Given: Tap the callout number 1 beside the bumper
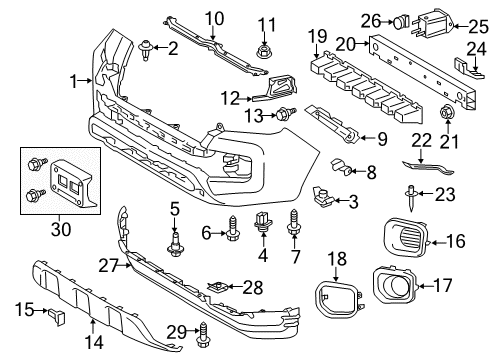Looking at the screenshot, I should click(x=74, y=79).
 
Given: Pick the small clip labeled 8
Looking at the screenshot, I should click(x=342, y=168).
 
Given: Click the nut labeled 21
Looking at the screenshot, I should click(x=447, y=110).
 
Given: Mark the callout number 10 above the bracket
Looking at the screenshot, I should click(x=215, y=18).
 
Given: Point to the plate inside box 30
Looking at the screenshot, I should click(x=69, y=181).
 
